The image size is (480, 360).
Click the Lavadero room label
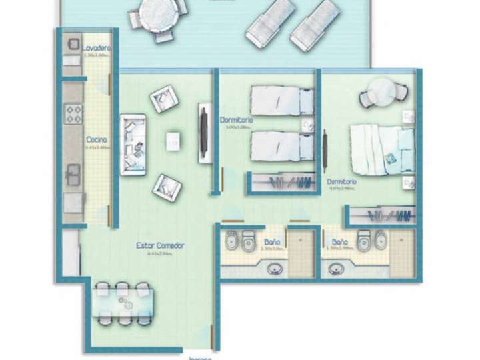point(97,49)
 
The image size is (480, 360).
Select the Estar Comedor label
point(160,245)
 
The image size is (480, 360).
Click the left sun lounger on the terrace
point(270,22)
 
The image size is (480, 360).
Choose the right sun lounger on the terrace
point(314,25)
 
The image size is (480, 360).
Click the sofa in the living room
point(133,145)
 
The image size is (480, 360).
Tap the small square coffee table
point(173,141)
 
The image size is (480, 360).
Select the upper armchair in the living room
point(163,100)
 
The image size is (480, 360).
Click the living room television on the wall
point(202,131)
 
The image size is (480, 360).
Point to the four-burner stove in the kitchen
point(73,113)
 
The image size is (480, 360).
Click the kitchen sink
point(72,176)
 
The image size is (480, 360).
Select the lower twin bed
point(283,145)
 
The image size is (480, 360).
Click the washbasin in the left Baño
point(274,269)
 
